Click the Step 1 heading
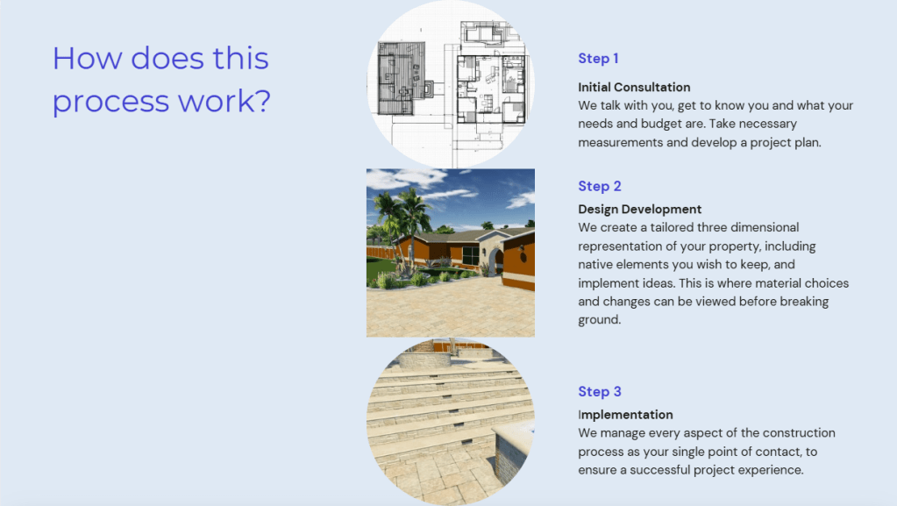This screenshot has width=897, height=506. [x=598, y=59]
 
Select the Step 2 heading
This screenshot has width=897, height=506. [x=599, y=186]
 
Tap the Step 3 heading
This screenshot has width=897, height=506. [x=599, y=391]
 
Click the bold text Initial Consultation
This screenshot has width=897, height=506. [x=634, y=87]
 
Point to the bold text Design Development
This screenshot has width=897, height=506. [x=639, y=210]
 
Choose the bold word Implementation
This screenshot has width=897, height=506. [x=625, y=415]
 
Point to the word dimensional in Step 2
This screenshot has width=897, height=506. [x=765, y=227]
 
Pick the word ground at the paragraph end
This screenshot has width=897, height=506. [x=599, y=320]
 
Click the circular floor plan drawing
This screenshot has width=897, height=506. [x=450, y=83]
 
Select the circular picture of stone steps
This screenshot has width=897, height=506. [x=450, y=422]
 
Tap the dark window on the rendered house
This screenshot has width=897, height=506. [x=470, y=254]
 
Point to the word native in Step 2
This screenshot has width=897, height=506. [x=595, y=265]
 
